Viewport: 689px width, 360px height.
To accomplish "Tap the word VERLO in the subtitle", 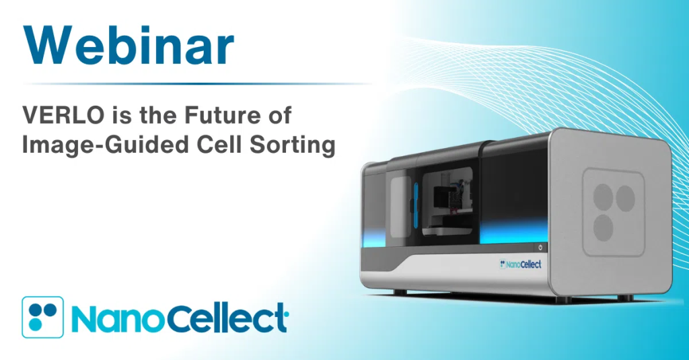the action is coord(63,116).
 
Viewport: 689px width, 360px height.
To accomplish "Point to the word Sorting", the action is coord(293,146).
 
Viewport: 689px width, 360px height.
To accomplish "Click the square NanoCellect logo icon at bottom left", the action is coord(42,317).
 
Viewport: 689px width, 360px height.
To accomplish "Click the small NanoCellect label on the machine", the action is coord(521,264).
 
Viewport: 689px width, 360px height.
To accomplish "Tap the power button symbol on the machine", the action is coord(540,248).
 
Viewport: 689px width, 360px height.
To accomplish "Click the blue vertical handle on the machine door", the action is coord(416,203).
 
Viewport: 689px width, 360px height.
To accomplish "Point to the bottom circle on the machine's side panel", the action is coord(604,227).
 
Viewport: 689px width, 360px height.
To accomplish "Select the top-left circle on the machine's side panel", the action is coord(604,196).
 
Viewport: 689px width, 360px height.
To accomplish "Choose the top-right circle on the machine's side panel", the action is coord(625,199).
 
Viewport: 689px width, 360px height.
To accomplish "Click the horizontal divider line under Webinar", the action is coord(197,83).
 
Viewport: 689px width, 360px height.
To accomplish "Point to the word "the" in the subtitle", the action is coord(157,116).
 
